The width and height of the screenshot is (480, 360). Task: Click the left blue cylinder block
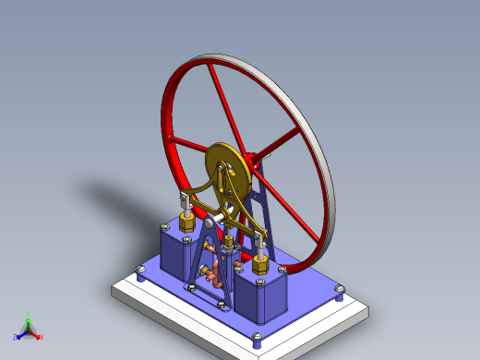click(x=179, y=251)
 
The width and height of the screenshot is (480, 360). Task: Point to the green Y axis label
click(x=30, y=314)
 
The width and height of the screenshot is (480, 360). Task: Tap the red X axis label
click(x=41, y=337)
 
